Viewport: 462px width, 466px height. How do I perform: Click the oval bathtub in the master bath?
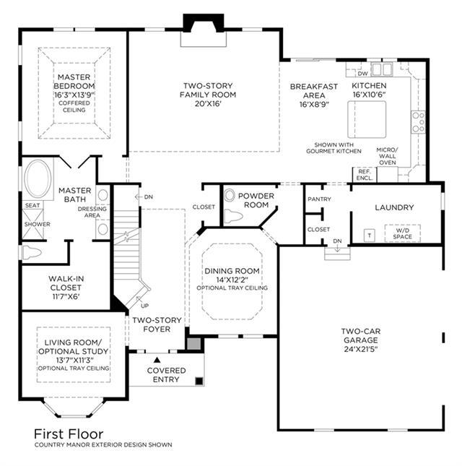click(38, 178)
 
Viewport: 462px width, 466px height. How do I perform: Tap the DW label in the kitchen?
click(362, 74)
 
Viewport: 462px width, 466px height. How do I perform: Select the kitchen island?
click(367, 119)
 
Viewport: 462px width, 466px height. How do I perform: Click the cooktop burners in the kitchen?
click(418, 122)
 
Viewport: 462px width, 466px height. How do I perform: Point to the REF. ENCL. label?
click(365, 175)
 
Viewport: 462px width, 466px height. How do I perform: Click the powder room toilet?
click(233, 216)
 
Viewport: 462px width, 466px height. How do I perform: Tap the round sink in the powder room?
click(230, 196)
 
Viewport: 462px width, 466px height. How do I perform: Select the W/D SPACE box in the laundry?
click(403, 233)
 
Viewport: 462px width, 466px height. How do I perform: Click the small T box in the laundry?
click(370, 236)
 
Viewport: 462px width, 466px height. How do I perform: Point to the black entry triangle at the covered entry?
click(157, 360)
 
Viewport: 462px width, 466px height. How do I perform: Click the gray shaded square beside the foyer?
click(194, 344)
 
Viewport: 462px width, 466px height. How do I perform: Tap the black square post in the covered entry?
click(199, 381)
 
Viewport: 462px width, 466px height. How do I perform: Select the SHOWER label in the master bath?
click(37, 224)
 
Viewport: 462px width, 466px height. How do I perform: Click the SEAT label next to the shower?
click(32, 205)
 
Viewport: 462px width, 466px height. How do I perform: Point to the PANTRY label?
click(319, 199)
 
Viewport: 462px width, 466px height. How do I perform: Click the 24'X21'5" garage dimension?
click(361, 349)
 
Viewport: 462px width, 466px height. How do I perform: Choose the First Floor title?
click(69, 434)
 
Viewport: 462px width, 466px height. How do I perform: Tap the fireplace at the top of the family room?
click(204, 30)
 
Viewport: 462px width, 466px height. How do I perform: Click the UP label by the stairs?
click(145, 306)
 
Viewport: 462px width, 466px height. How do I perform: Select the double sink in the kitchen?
click(382, 69)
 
